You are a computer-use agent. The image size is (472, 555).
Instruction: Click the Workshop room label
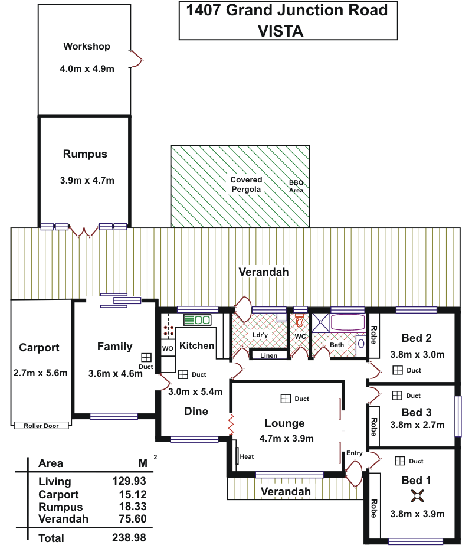[x=87, y=47]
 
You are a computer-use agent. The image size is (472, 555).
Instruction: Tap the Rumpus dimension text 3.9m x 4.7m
[x=87, y=181]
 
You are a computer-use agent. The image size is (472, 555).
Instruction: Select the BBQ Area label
[x=296, y=186]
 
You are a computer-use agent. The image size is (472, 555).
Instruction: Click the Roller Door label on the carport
[x=41, y=426]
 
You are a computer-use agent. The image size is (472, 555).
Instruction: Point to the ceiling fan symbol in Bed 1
[x=418, y=496]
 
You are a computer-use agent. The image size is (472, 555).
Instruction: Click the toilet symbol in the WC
[x=300, y=320]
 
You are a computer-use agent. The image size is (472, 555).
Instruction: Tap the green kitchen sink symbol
[x=197, y=320]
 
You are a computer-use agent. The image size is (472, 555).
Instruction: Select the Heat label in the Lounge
[x=247, y=456]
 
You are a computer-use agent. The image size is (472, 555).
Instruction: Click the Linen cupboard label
[x=268, y=355]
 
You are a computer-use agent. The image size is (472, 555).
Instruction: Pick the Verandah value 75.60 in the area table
[x=133, y=518]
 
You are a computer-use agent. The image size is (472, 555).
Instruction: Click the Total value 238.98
[x=129, y=538]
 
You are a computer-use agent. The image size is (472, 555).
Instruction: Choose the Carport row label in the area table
[x=58, y=494]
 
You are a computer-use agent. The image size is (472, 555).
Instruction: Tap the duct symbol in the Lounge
[x=286, y=399]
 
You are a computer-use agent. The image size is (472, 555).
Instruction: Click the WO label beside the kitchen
[x=168, y=348]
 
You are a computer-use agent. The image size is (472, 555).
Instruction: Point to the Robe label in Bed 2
[x=373, y=335]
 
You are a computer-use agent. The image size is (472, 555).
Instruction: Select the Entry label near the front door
[x=354, y=453]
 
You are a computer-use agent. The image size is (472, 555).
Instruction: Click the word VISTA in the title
[x=281, y=31]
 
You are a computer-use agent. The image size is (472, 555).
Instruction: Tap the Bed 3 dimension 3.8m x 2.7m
[x=417, y=425]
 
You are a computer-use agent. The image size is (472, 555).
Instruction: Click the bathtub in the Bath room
[x=348, y=322]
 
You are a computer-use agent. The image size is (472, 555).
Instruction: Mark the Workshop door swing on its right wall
[x=136, y=58]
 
